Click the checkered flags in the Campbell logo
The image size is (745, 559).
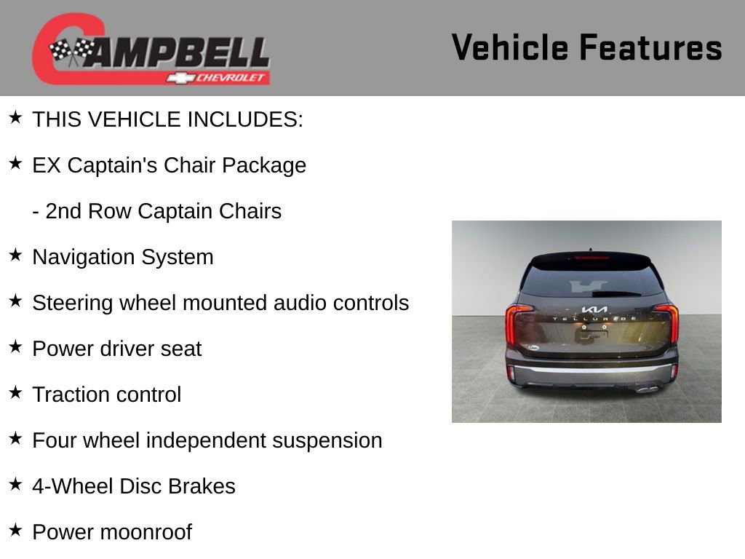tap(72, 50)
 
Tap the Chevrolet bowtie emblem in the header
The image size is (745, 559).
tap(179, 77)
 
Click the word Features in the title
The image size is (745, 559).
tap(650, 47)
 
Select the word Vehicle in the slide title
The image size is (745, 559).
tap(510, 47)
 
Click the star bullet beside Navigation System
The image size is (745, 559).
tap(15, 255)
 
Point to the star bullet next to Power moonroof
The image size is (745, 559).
tap(15, 531)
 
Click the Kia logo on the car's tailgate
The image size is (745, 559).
tap(594, 309)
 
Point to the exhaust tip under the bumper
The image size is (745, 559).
tap(646, 389)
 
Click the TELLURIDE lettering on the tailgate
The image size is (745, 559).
tap(594, 320)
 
